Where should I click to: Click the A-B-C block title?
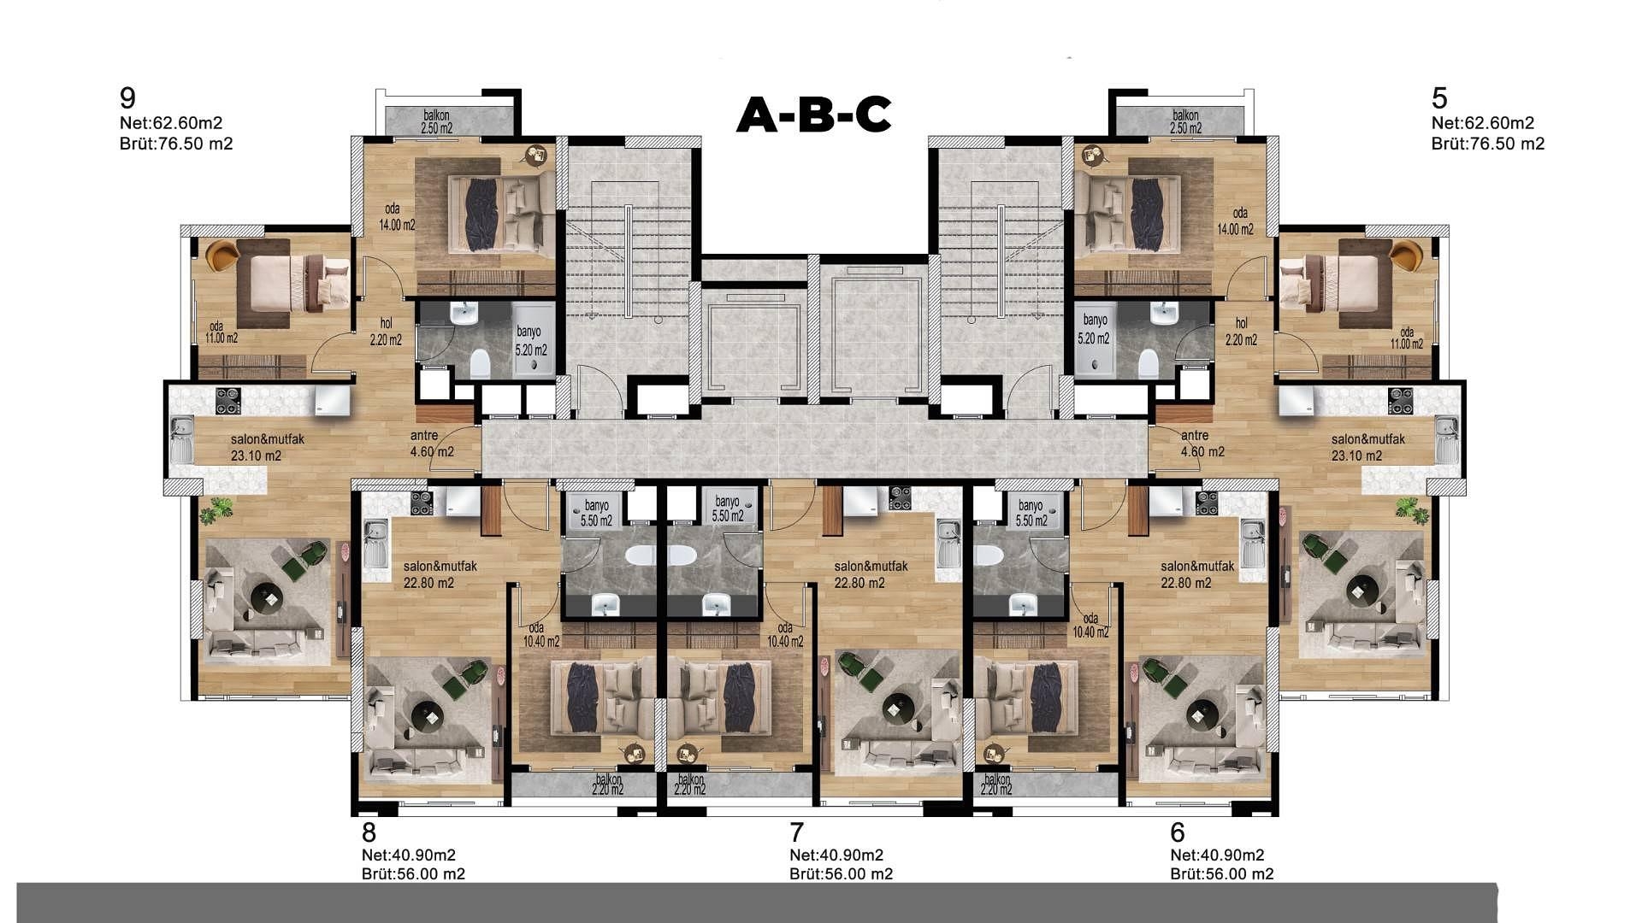(x=814, y=115)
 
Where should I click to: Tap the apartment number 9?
(x=128, y=97)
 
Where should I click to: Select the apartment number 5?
(x=1439, y=97)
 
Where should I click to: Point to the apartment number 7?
(x=797, y=832)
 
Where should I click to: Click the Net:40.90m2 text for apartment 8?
(x=409, y=855)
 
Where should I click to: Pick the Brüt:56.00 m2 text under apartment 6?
(x=1222, y=873)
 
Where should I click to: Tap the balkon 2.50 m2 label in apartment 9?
(x=436, y=122)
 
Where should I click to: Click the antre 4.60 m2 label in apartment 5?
(x=1202, y=444)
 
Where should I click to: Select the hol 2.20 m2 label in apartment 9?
(x=386, y=332)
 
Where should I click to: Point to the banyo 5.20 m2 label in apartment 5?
(x=1096, y=329)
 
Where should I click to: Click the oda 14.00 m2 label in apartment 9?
(x=397, y=218)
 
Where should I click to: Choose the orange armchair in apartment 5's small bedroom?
(x=1406, y=255)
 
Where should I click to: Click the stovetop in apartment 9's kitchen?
(x=227, y=401)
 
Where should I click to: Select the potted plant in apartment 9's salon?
(x=216, y=510)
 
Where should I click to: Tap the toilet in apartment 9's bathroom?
(x=480, y=363)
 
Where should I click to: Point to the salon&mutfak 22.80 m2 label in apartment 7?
(x=871, y=574)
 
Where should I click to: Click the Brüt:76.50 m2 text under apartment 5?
(x=1488, y=144)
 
